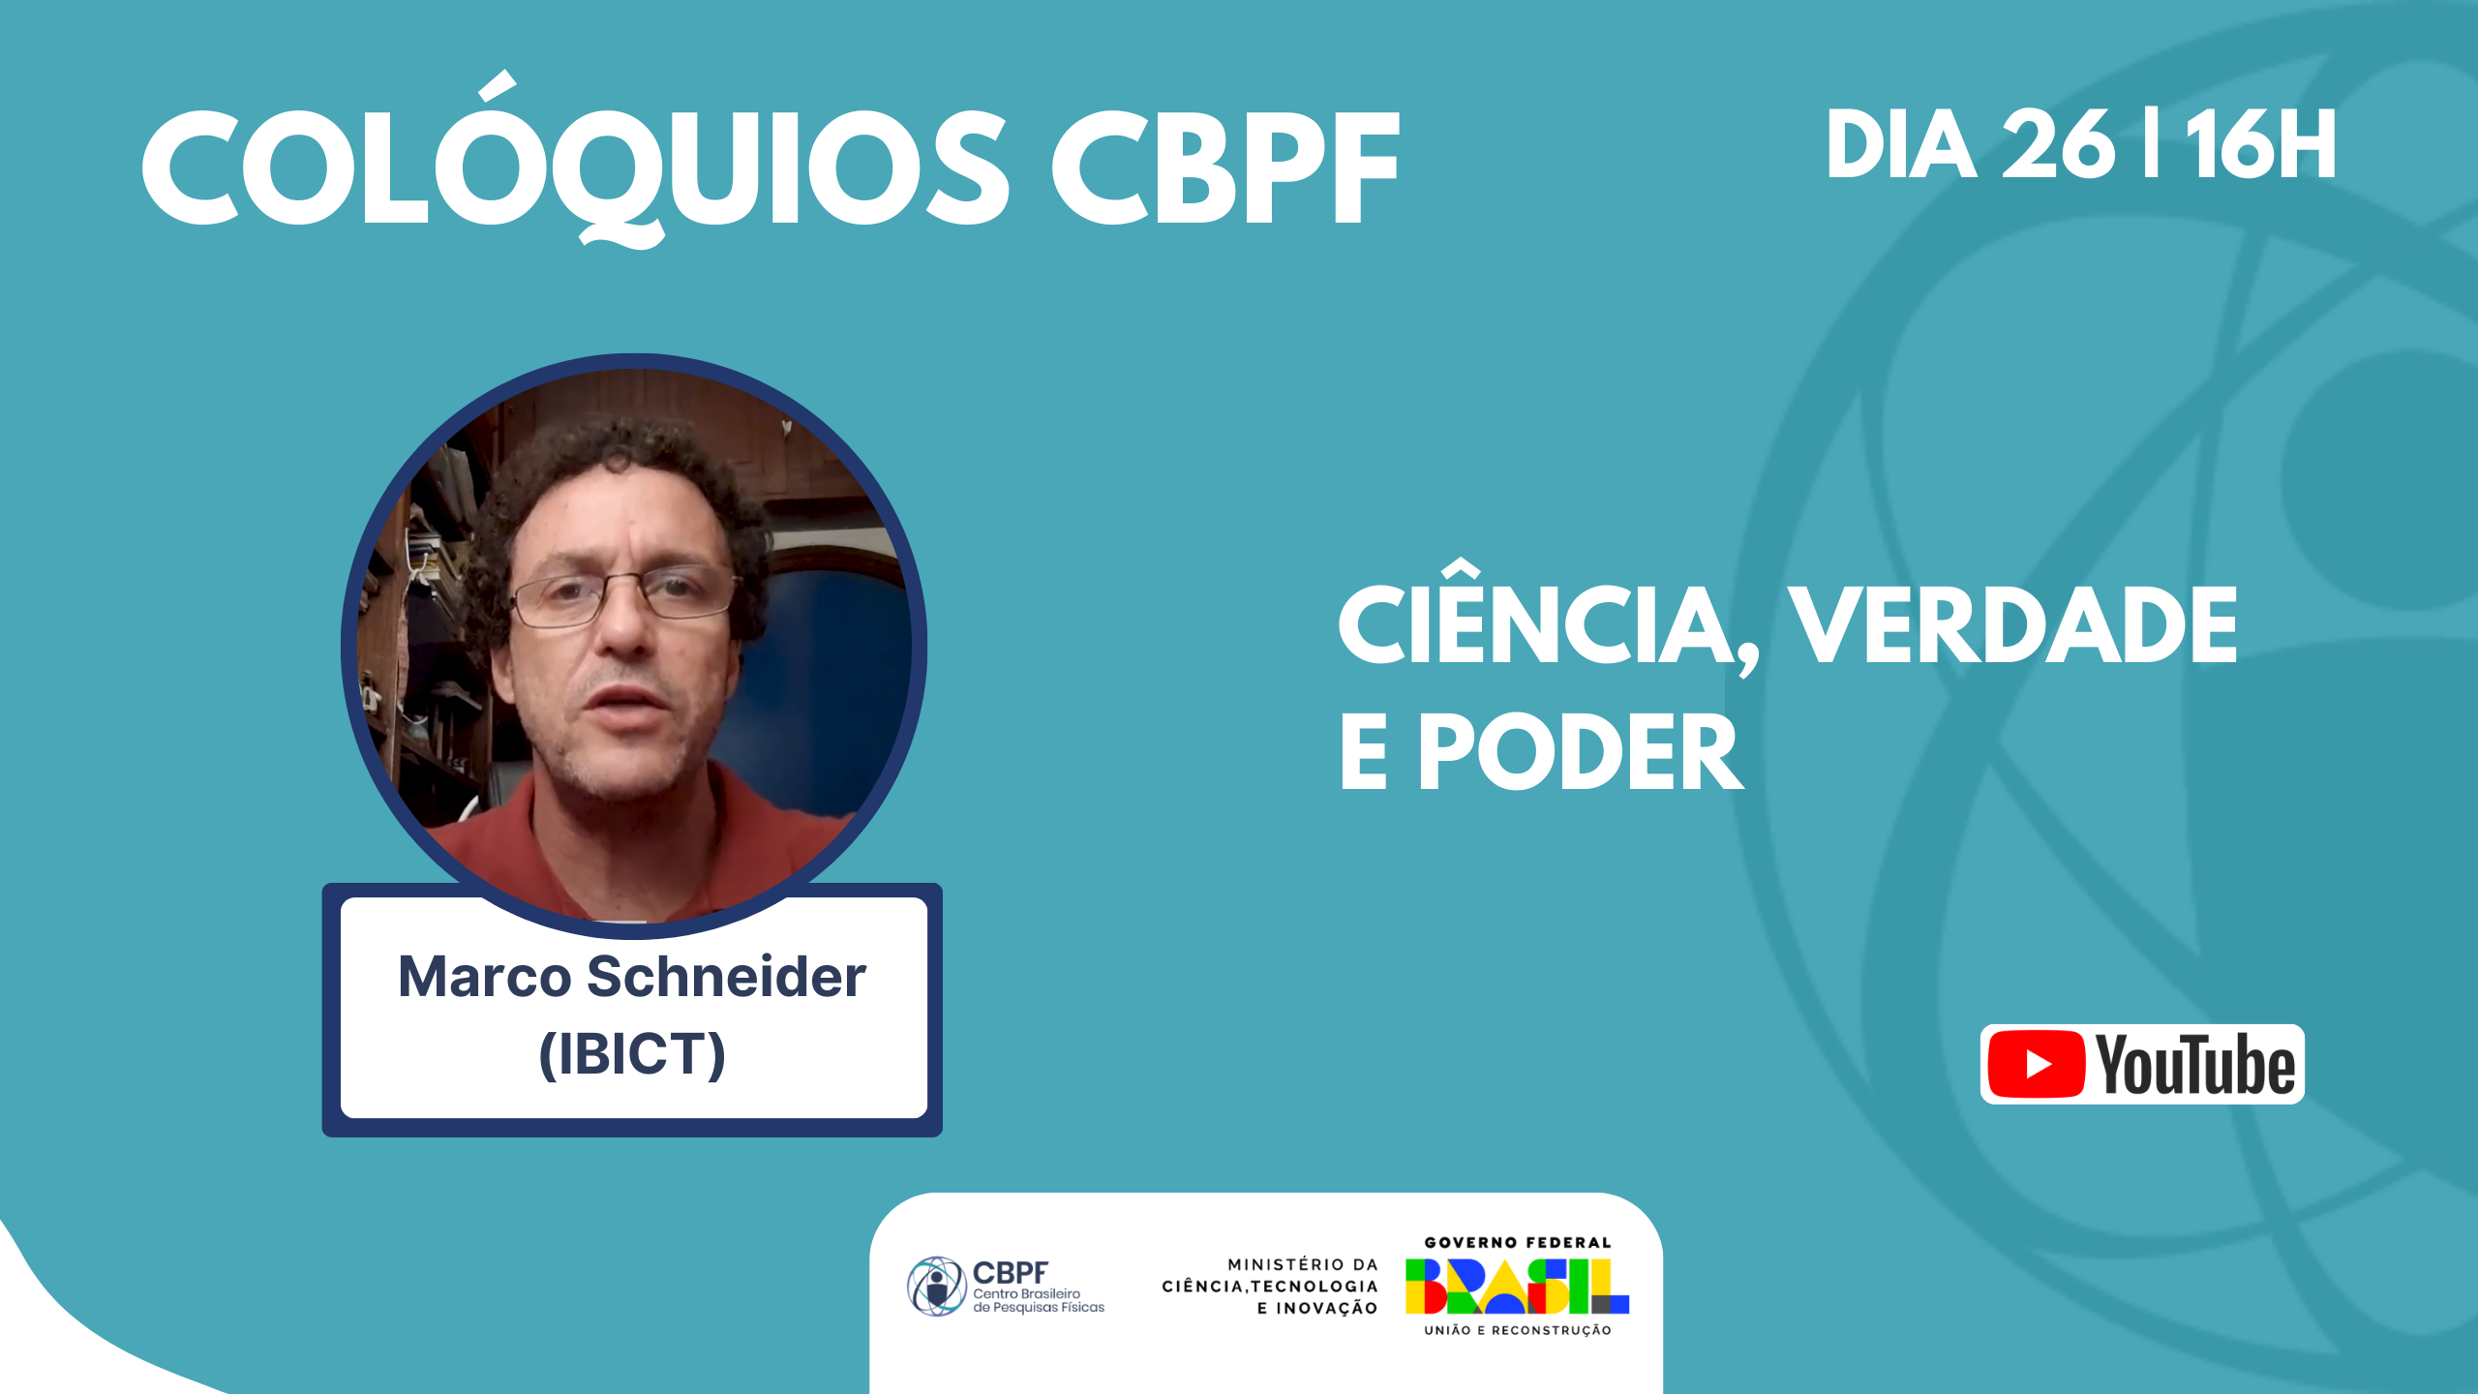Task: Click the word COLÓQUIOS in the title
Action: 576,160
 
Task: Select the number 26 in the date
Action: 2058,144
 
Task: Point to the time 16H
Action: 2260,144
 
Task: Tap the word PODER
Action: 1581,752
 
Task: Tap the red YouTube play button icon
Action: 2036,1064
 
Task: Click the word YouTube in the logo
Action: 2195,1065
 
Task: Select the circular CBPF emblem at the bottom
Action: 936,1287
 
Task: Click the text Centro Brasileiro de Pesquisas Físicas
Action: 1039,1300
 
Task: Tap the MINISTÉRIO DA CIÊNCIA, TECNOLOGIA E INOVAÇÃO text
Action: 1270,1287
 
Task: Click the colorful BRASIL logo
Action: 1517,1287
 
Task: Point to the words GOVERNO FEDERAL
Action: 1517,1242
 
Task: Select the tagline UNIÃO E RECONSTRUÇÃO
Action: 1517,1330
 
